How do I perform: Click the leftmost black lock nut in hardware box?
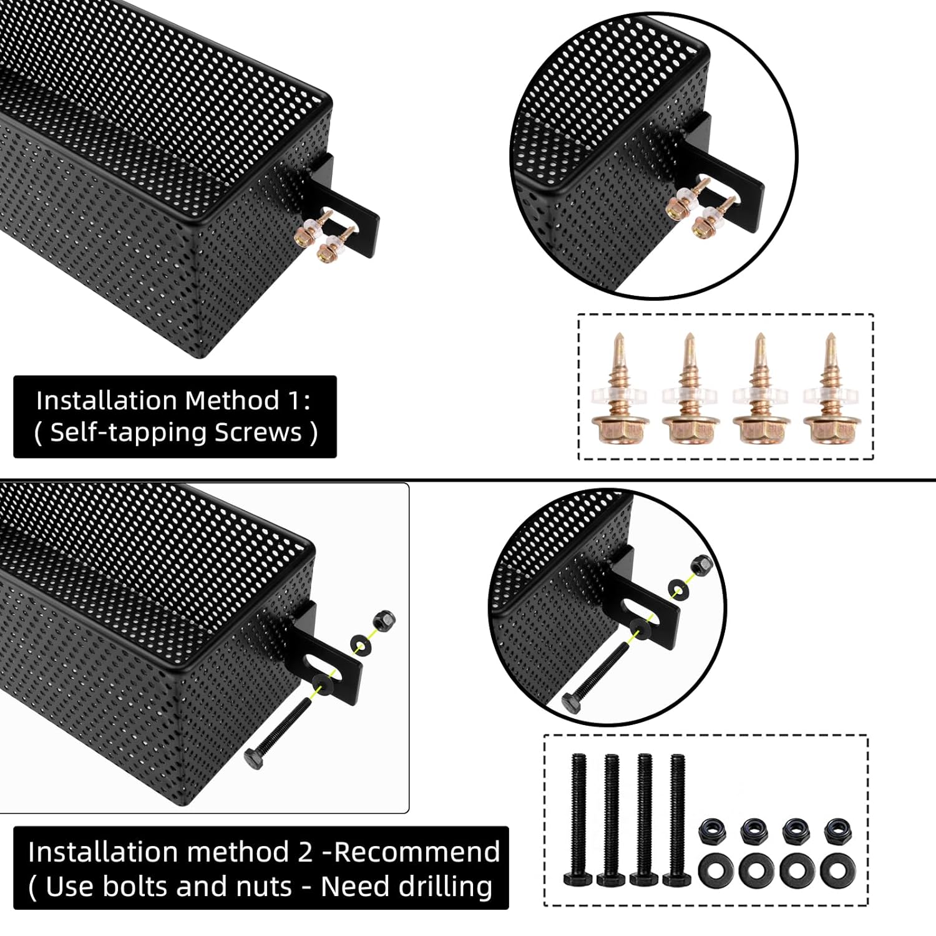pyautogui.click(x=712, y=831)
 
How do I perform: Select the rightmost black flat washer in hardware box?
pyautogui.click(x=834, y=869)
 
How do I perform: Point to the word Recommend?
pyautogui.click(x=417, y=852)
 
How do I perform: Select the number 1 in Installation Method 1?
pyautogui.click(x=296, y=401)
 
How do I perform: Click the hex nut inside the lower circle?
pyautogui.click(x=701, y=565)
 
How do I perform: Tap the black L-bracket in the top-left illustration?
pyautogui.click(x=349, y=215)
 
